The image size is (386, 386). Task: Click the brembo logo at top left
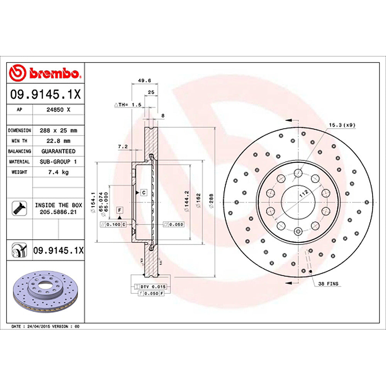46,73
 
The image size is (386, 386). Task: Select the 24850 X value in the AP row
58,110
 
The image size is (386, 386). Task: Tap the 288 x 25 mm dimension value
58,130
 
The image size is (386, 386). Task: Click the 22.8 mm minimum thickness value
58,141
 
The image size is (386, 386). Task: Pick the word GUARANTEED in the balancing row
58,151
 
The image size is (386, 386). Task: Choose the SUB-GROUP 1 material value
58,162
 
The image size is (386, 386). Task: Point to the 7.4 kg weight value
58,172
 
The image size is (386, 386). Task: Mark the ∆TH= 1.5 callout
128,105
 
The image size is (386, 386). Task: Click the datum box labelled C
143,192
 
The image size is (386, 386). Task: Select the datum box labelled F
120,210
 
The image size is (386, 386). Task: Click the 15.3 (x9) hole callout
342,125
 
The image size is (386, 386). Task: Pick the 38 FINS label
328,284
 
